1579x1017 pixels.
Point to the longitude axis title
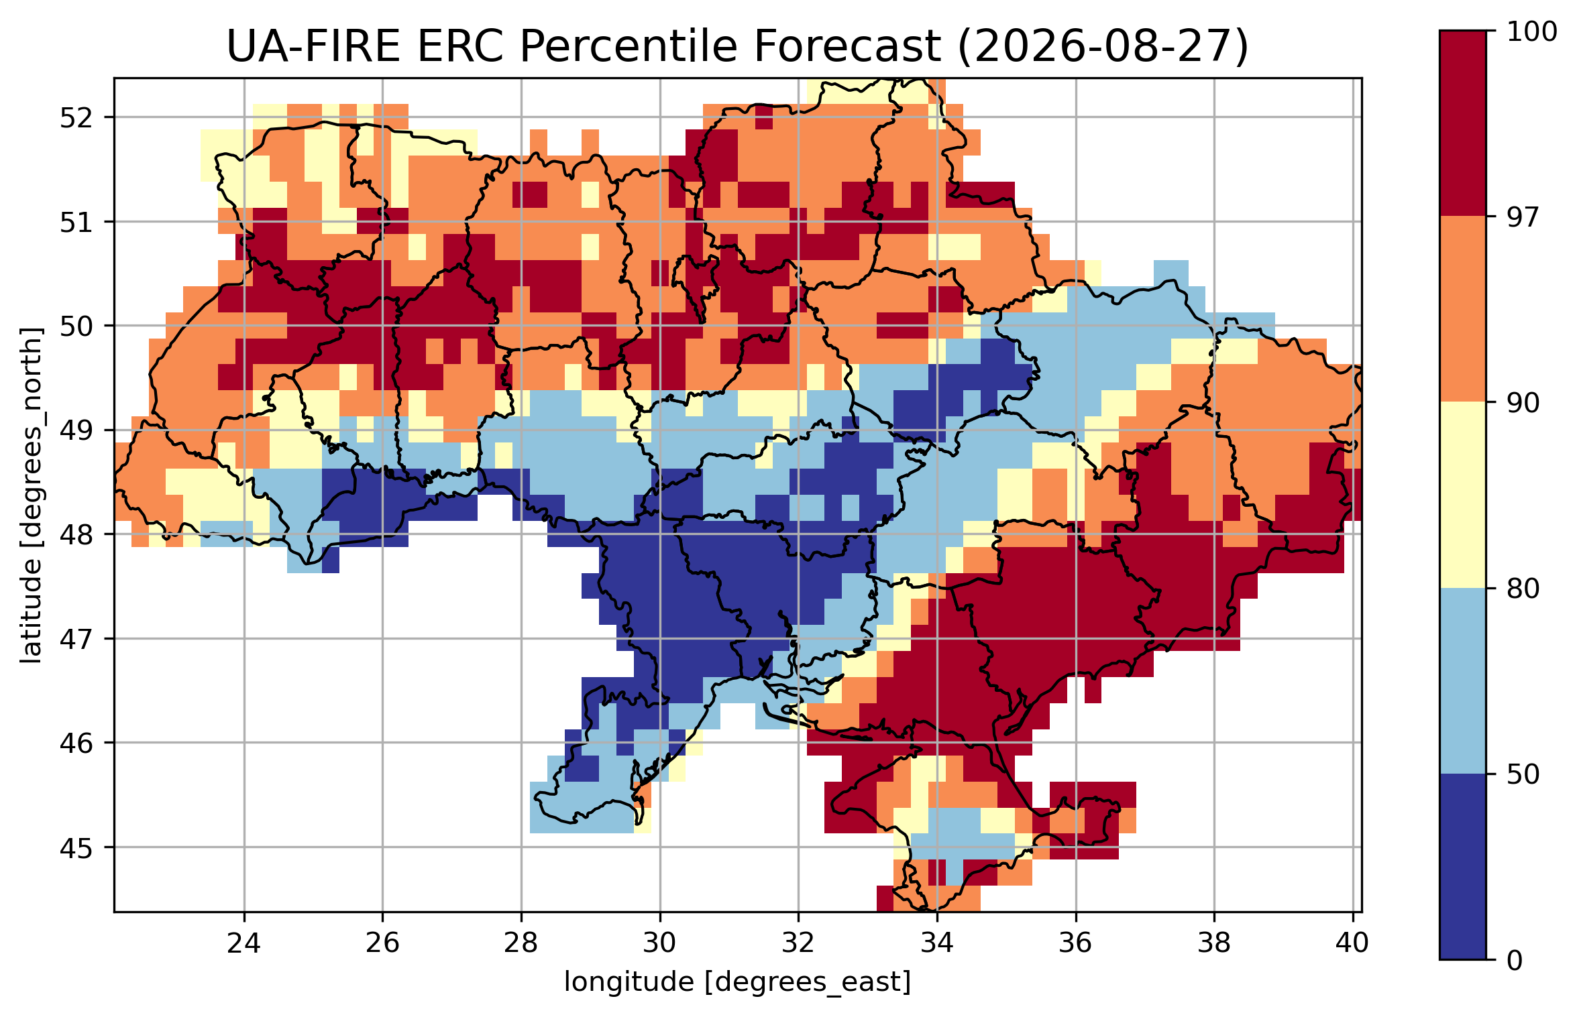(x=737, y=982)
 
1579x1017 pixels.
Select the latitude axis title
(x=32, y=495)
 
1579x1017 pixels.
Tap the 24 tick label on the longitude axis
(x=243, y=943)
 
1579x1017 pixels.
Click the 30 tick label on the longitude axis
(x=659, y=943)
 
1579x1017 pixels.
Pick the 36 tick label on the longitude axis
(x=1076, y=943)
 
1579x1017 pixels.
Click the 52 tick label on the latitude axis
(x=76, y=118)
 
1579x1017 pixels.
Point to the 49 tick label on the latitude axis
(x=76, y=430)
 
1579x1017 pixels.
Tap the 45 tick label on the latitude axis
(x=76, y=847)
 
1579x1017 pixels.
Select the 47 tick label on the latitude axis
(x=76, y=639)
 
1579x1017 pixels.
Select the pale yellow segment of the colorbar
(x=1463, y=495)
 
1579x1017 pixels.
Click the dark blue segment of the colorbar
(x=1463, y=866)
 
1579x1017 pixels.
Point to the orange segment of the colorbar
(x=1463, y=309)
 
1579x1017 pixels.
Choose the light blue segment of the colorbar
(x=1463, y=680)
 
